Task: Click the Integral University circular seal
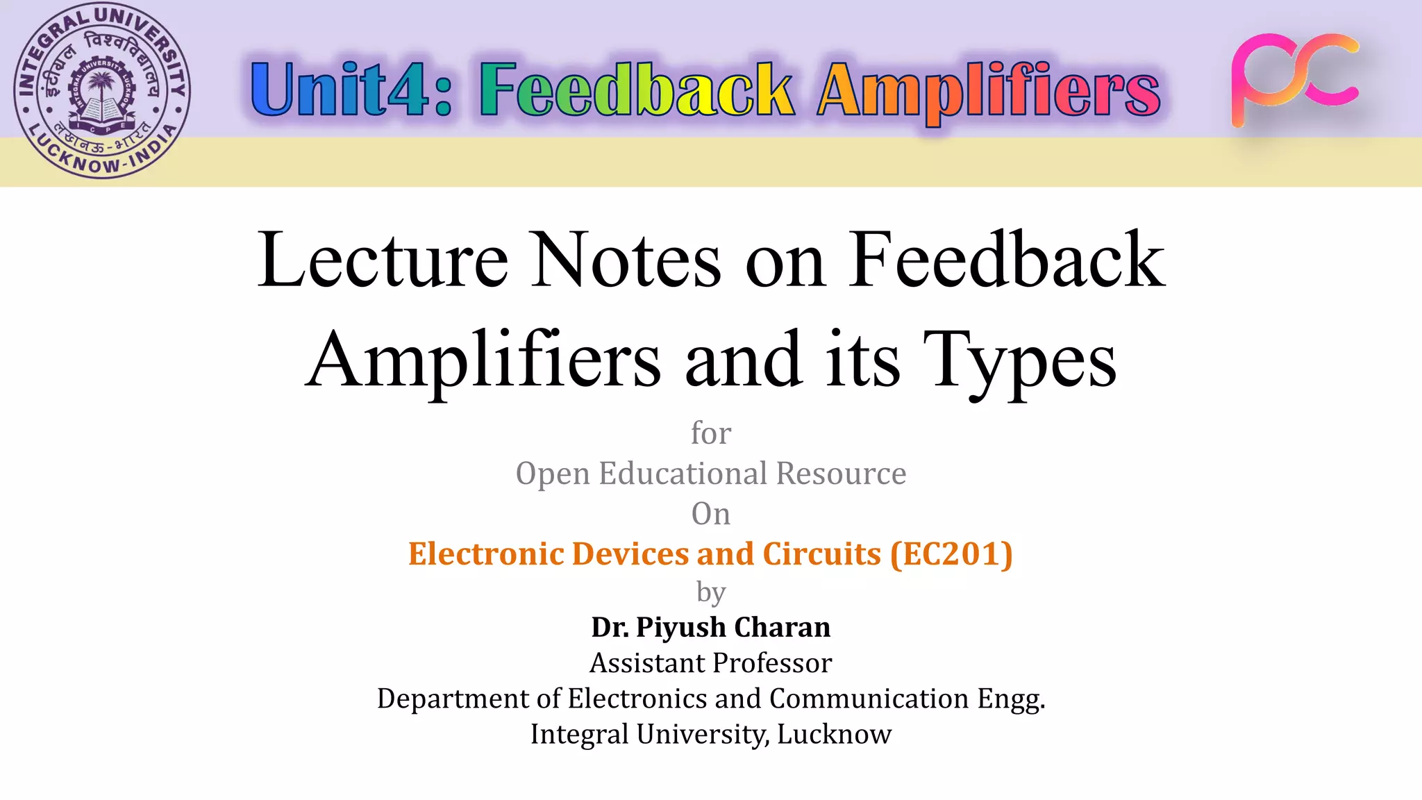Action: (102, 91)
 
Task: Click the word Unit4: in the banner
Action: (351, 90)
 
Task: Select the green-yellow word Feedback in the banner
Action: (636, 90)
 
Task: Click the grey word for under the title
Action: (711, 433)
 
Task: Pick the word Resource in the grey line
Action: (841, 474)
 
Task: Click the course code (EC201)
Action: (952, 554)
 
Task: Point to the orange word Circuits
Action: (821, 554)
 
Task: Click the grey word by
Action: (711, 592)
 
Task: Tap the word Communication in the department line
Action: (869, 699)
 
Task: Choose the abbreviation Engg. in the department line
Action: (1011, 699)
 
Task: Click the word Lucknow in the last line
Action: (834, 734)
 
